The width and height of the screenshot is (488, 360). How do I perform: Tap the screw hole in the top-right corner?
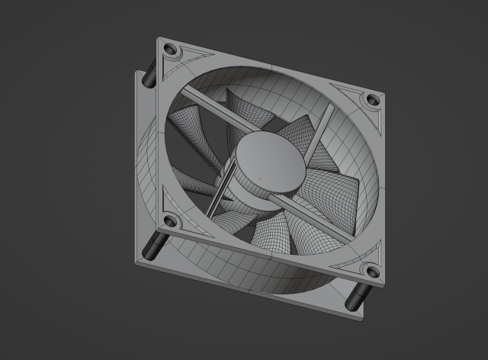tap(371, 100)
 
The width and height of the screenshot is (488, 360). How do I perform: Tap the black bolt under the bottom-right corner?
tap(355, 298)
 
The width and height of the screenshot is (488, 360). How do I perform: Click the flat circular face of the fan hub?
tap(267, 160)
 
